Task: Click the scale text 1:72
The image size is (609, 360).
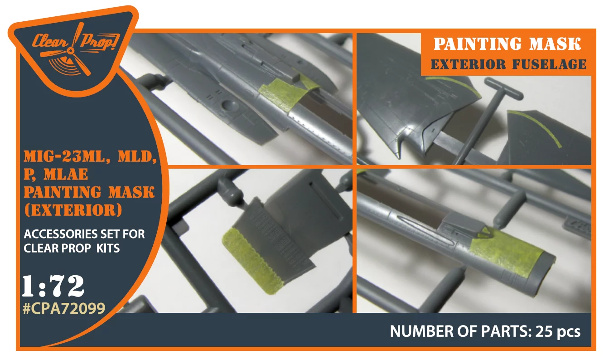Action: click(53, 286)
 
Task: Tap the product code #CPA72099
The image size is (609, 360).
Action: click(64, 309)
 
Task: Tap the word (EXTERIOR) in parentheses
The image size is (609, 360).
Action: click(73, 210)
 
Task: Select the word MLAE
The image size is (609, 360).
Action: click(66, 174)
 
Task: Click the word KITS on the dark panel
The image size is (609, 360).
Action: click(108, 248)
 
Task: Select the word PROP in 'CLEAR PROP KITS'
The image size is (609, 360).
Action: click(76, 248)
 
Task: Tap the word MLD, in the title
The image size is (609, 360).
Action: click(137, 156)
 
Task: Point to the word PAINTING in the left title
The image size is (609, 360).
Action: click(63, 192)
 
